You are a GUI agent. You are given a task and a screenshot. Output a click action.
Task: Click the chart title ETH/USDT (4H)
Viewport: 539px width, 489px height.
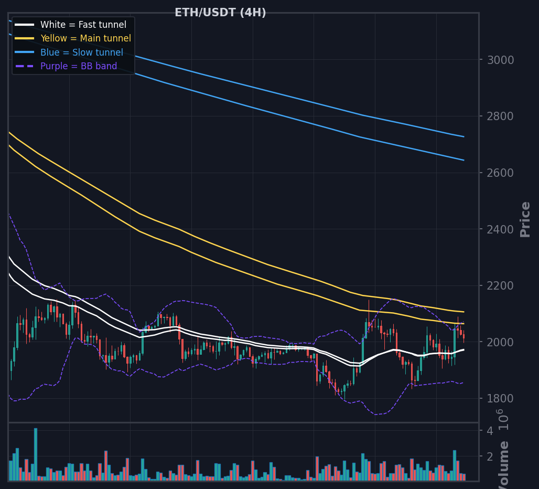220,13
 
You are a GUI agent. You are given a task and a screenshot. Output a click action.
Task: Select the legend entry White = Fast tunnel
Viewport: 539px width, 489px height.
83,25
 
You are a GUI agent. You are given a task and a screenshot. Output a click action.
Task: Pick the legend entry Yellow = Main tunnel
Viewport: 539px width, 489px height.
85,38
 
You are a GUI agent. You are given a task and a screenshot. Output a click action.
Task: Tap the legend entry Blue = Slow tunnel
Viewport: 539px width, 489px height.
81,52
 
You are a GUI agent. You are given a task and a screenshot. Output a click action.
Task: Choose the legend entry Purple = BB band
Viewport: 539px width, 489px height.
79,66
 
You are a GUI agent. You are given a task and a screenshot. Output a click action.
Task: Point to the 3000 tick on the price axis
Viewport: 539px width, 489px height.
501,60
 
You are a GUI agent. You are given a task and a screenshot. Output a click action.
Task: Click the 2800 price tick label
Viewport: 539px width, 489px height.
501,116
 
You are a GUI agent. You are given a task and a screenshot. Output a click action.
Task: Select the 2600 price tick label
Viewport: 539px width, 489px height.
501,173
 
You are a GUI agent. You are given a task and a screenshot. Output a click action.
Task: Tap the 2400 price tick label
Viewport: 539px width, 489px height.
501,229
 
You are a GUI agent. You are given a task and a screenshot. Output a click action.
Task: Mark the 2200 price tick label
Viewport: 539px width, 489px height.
501,286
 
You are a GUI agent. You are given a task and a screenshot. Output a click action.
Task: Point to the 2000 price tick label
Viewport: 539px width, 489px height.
501,342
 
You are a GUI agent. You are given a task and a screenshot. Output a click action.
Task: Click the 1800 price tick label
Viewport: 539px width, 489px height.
501,399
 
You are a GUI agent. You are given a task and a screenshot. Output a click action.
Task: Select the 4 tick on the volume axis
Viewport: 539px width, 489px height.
490,431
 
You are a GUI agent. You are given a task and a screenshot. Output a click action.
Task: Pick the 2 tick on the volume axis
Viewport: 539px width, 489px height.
490,456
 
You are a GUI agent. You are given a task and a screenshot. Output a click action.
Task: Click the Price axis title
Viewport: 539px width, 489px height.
525,219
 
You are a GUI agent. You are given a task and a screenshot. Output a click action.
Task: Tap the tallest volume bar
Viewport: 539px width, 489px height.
36,454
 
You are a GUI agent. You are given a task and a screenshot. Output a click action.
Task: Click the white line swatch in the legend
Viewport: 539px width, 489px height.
25,25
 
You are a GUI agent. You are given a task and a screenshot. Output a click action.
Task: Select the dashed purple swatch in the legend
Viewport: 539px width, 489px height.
25,66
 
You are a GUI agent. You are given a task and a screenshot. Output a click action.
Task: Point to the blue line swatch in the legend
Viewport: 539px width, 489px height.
25,52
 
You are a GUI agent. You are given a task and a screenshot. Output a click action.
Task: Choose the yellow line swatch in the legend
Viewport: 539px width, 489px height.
25,38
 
